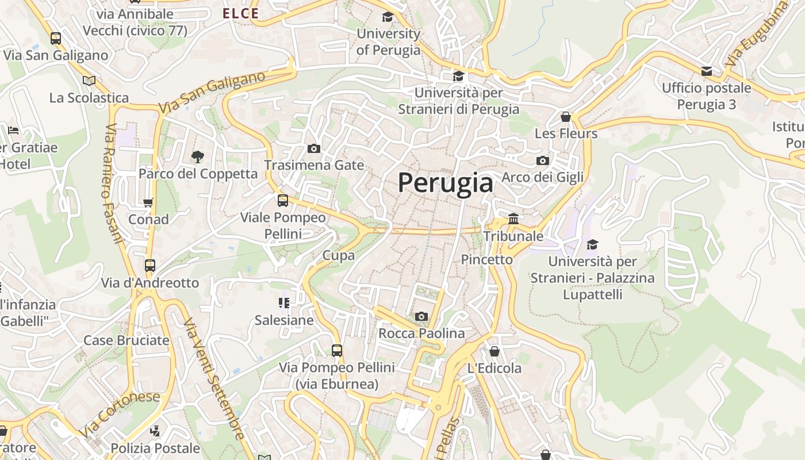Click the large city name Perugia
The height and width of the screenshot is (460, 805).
(x=446, y=183)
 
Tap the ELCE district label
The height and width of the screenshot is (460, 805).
(x=241, y=13)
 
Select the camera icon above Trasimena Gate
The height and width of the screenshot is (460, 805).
(x=313, y=149)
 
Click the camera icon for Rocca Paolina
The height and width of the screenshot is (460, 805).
(x=421, y=316)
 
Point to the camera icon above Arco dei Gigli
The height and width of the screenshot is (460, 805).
(x=542, y=160)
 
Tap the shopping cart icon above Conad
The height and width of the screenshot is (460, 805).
(x=148, y=202)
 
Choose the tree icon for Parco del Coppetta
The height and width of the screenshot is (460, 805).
(x=198, y=156)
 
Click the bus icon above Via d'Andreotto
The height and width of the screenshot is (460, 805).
(x=150, y=266)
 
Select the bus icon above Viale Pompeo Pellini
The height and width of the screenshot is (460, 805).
(x=283, y=201)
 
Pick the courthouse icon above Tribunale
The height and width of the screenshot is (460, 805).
(x=513, y=219)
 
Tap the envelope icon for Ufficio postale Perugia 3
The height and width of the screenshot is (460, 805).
(x=707, y=71)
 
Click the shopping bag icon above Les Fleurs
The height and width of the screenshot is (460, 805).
(x=566, y=117)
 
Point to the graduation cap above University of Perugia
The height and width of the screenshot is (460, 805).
(x=388, y=17)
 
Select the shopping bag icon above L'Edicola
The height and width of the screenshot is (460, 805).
(x=494, y=351)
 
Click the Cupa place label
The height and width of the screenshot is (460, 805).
(x=339, y=255)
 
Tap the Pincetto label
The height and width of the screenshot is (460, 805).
(x=487, y=260)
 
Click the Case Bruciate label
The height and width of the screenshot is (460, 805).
(x=126, y=340)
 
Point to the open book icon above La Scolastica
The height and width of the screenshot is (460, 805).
(x=89, y=81)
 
